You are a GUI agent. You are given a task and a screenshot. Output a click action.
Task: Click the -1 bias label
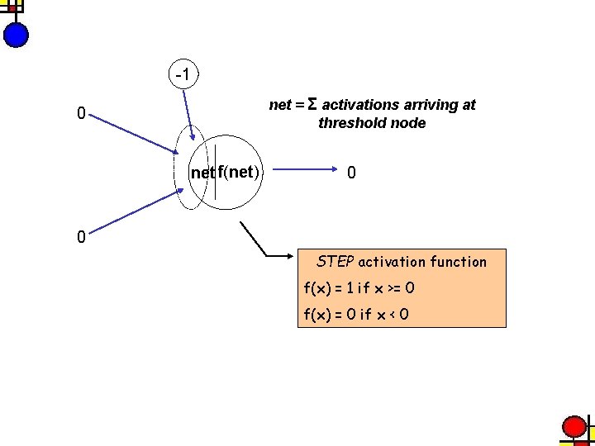point(182,75)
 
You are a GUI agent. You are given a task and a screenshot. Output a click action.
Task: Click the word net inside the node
point(202,173)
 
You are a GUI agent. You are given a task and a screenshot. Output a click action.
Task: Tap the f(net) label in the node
point(239,173)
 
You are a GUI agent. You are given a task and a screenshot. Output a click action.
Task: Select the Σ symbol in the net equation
point(312,104)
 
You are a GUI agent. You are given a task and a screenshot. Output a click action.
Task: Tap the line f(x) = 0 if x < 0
point(356,315)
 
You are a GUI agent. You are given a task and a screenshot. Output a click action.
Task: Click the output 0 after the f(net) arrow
point(352,173)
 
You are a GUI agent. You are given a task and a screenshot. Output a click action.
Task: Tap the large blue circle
point(16,35)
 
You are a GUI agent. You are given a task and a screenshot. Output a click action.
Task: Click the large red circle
point(574,427)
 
